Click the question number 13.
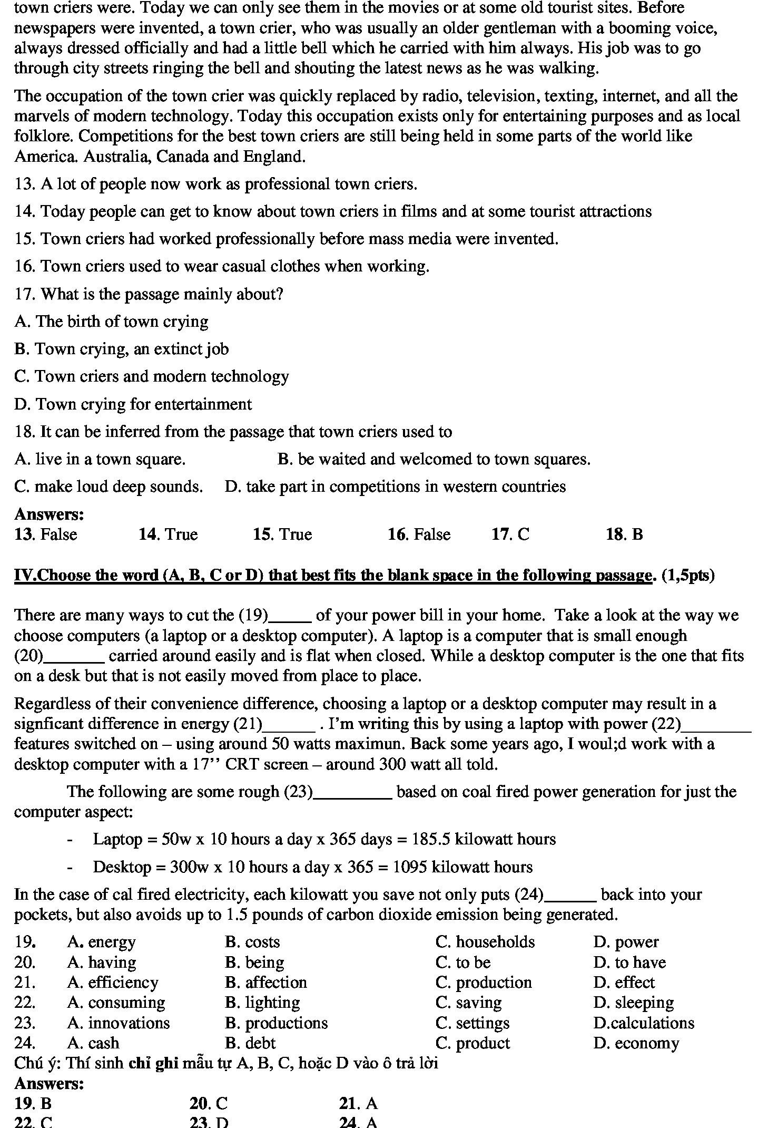(24, 184)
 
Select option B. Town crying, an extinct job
(122, 349)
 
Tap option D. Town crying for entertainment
(133, 404)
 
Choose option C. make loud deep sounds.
(109, 486)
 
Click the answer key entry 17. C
(510, 534)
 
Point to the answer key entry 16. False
(419, 534)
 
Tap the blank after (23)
(353, 792)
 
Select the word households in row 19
(495, 942)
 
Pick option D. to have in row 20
(629, 962)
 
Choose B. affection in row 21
(266, 983)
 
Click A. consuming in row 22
(116, 1003)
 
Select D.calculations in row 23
(644, 1023)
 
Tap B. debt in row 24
(250, 1043)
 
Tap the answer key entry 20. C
(209, 1103)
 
